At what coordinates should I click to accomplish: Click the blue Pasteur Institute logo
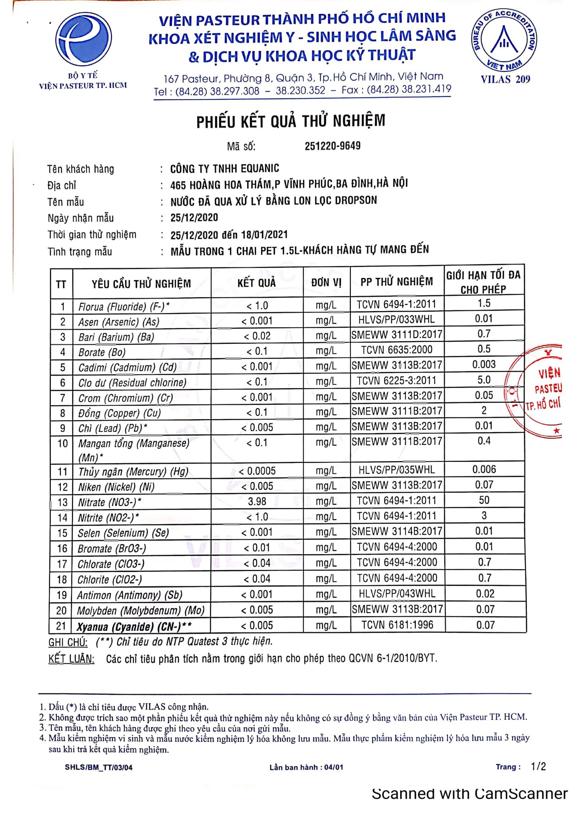(x=83, y=40)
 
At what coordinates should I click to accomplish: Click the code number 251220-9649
(x=333, y=146)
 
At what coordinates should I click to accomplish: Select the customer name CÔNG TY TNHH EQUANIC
(x=225, y=168)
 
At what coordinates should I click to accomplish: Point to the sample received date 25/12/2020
(x=194, y=218)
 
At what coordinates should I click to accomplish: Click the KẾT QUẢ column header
(x=257, y=283)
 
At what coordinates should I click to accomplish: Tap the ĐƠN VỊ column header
(x=326, y=282)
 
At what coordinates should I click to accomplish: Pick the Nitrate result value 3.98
(x=257, y=501)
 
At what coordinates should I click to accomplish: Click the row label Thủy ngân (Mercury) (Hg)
(x=134, y=471)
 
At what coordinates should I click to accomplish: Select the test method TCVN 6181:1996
(x=397, y=625)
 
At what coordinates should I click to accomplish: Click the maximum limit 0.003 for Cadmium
(x=484, y=364)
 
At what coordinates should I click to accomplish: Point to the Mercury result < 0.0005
(x=257, y=471)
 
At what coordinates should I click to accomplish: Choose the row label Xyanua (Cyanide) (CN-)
(x=134, y=626)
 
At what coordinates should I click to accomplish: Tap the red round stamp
(x=536, y=391)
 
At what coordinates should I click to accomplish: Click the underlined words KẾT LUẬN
(x=72, y=659)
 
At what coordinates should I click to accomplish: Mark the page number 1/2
(x=538, y=767)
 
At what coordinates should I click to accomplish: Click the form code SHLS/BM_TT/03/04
(x=99, y=767)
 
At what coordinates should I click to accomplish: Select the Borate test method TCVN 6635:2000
(x=397, y=350)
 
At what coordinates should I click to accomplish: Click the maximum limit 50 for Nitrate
(x=484, y=500)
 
